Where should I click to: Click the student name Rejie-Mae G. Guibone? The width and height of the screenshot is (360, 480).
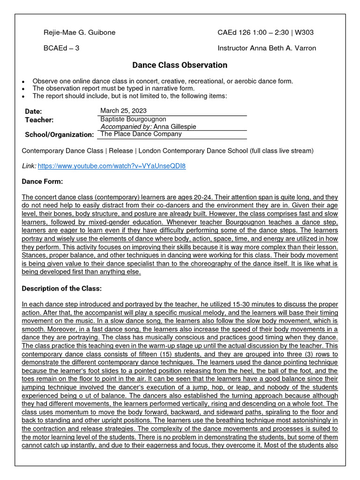tap(79, 32)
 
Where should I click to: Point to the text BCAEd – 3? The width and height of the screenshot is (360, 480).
tap(61, 48)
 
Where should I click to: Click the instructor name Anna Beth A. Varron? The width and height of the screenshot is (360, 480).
tap(283, 48)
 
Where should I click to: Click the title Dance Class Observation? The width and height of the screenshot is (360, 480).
tap(180, 65)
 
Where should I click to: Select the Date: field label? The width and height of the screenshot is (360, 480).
tap(33, 112)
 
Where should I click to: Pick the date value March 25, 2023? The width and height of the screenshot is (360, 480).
tap(123, 111)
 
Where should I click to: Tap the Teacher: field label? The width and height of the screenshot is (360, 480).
tap(39, 120)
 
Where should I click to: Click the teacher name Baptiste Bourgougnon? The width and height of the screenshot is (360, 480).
tap(133, 119)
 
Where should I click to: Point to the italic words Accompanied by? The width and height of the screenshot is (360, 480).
tap(123, 127)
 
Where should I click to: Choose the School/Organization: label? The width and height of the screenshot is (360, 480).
tap(60, 135)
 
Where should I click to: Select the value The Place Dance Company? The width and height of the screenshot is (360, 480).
tap(141, 134)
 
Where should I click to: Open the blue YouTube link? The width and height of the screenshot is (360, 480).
tap(112, 166)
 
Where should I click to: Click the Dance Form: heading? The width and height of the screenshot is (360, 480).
tap(42, 181)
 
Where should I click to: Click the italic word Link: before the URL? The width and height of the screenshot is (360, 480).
tap(29, 166)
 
